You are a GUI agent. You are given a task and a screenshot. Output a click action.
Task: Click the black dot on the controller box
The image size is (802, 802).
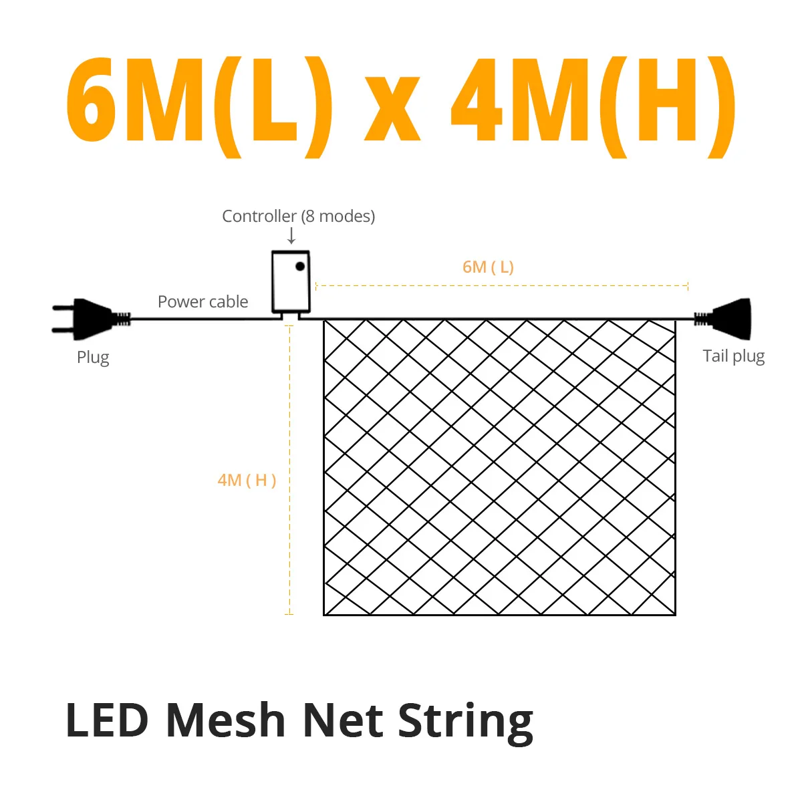[299, 267]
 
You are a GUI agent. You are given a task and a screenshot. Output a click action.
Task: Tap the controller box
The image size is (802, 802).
[291, 282]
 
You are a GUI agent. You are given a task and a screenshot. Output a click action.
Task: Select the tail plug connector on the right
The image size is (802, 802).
[722, 319]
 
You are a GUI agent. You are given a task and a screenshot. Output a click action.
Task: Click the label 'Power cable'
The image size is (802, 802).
[203, 301]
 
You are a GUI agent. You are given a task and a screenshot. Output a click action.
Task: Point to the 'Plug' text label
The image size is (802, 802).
[93, 358]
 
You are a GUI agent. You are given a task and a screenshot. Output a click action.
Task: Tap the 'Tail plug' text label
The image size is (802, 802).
[733, 356]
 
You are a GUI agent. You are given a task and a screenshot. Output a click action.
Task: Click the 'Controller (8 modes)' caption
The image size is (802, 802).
[298, 216]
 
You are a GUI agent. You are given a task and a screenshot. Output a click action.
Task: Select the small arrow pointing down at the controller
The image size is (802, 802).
[291, 235]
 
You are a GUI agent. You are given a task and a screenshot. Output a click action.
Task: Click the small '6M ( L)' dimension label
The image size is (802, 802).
[488, 267]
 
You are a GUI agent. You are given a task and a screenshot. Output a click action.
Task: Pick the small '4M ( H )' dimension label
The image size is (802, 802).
[247, 481]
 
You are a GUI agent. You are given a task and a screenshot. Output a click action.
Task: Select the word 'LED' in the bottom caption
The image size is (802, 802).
[107, 720]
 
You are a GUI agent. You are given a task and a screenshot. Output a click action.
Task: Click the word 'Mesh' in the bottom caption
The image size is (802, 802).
[226, 720]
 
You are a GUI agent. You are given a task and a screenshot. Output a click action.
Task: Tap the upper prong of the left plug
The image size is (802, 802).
[63, 308]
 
